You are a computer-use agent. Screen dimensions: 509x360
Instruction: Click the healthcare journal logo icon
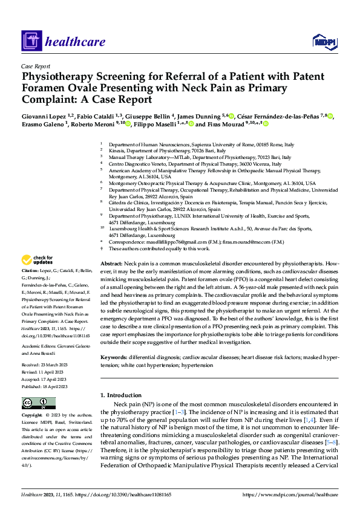point(31,42)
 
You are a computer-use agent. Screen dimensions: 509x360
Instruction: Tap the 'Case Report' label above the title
point(36,66)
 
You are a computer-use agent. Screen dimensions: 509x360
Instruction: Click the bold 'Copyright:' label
point(33,416)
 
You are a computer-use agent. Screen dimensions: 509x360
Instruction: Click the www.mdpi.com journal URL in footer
point(290,494)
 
